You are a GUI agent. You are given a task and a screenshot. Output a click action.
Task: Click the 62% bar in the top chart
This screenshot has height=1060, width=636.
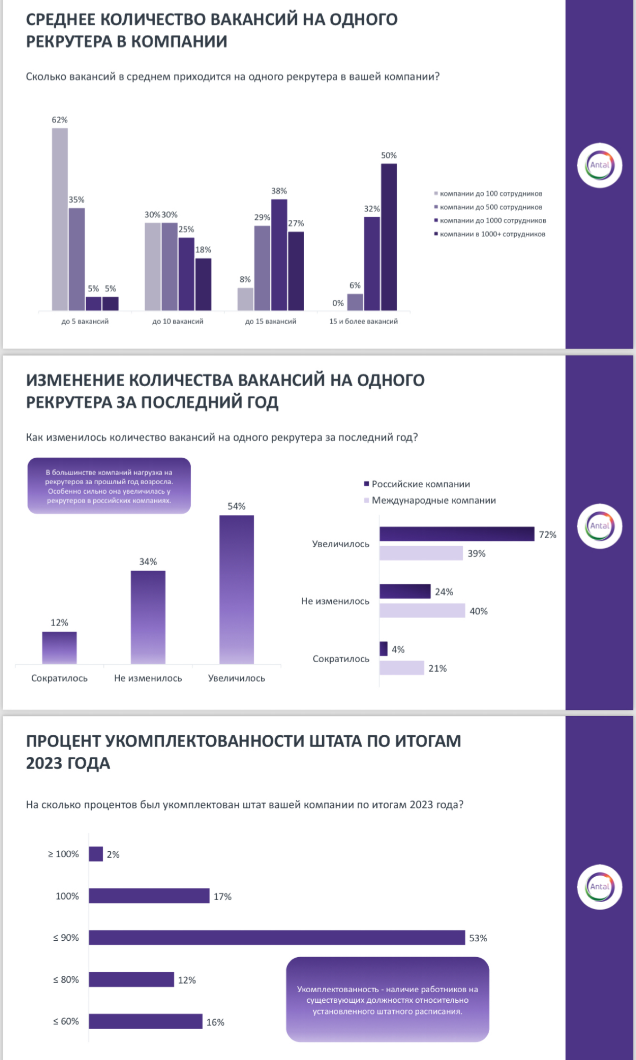(60, 219)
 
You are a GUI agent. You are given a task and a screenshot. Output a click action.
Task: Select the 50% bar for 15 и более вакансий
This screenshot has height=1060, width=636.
(389, 237)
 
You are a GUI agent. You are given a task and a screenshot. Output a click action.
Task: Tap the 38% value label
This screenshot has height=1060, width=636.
(279, 191)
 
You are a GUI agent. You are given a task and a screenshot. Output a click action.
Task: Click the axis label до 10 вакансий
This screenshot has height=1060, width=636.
(178, 322)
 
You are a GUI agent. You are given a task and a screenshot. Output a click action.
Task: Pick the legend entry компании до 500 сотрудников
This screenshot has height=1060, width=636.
(490, 207)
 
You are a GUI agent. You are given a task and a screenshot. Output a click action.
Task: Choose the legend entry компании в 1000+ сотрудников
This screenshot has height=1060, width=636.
(492, 234)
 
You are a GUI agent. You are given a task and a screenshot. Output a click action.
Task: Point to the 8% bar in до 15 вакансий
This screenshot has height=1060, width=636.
(245, 299)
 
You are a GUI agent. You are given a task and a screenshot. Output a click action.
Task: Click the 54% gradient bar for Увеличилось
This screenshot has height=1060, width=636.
(236, 589)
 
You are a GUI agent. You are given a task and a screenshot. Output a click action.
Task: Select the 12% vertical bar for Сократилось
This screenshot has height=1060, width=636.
(59, 647)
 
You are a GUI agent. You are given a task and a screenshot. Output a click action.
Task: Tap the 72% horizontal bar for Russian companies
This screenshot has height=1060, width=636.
(456, 534)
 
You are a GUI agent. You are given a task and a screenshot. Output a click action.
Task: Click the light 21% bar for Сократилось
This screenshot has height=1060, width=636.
(401, 668)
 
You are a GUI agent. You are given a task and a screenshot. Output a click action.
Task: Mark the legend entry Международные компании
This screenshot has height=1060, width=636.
(433, 501)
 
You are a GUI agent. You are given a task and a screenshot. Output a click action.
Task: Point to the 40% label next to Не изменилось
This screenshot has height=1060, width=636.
(479, 611)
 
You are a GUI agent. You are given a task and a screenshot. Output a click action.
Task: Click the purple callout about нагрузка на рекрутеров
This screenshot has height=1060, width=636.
(109, 486)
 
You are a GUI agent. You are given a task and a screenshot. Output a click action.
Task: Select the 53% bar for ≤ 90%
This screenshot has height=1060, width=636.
(277, 938)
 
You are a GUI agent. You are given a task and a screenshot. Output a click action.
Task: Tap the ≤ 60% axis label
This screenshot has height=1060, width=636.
(66, 1021)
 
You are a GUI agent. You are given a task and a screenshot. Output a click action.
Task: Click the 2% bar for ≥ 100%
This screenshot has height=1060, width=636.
(96, 854)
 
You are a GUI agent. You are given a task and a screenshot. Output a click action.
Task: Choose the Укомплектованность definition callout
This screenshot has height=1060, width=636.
(387, 1000)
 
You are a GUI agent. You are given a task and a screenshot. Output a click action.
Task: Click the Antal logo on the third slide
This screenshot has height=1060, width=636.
(599, 887)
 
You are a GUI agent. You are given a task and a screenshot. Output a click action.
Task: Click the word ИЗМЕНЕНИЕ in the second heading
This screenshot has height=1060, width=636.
(75, 380)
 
